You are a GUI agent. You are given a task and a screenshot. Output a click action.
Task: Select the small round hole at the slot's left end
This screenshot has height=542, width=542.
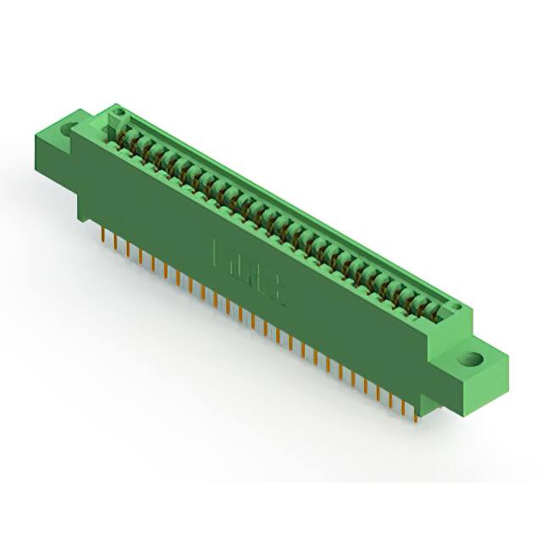119,112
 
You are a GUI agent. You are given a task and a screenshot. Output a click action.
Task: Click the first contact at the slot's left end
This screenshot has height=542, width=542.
125,135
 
